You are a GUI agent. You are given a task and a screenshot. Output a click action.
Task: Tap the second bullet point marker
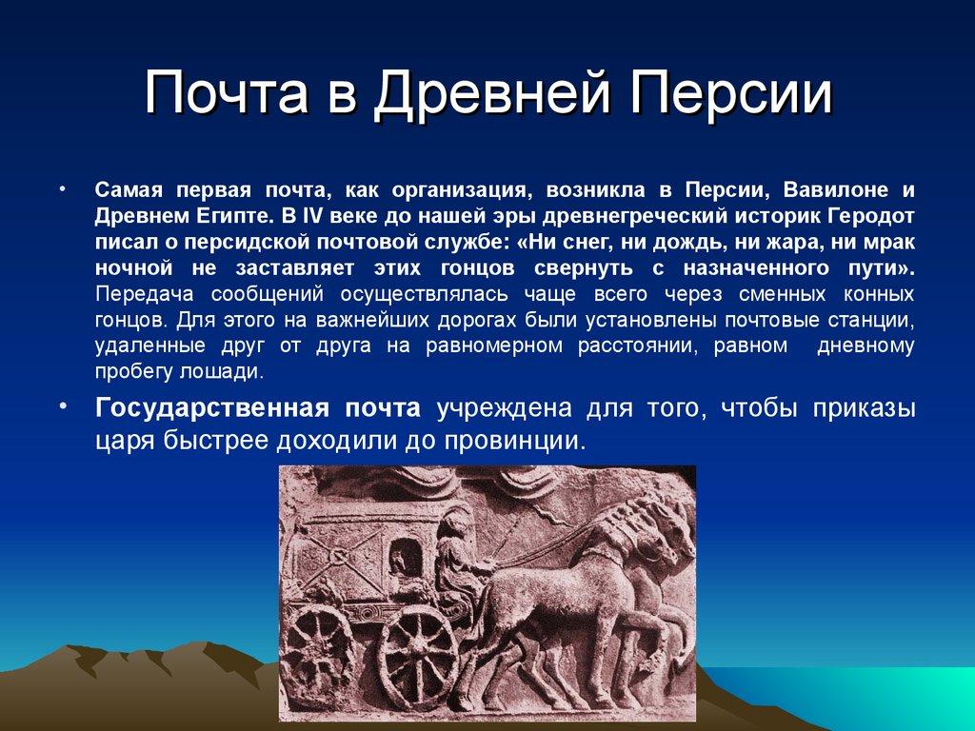64,407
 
